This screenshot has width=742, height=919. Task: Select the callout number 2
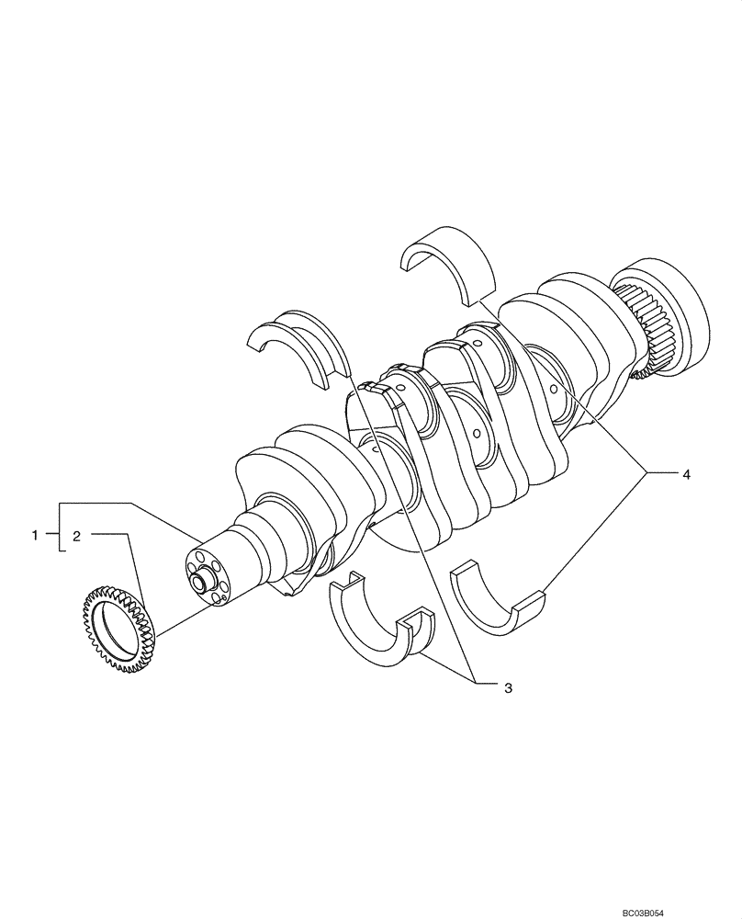[x=77, y=534]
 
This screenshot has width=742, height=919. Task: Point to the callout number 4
[x=685, y=474]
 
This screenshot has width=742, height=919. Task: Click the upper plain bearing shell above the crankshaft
[x=449, y=262]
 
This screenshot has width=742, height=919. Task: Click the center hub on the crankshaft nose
[x=200, y=581]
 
